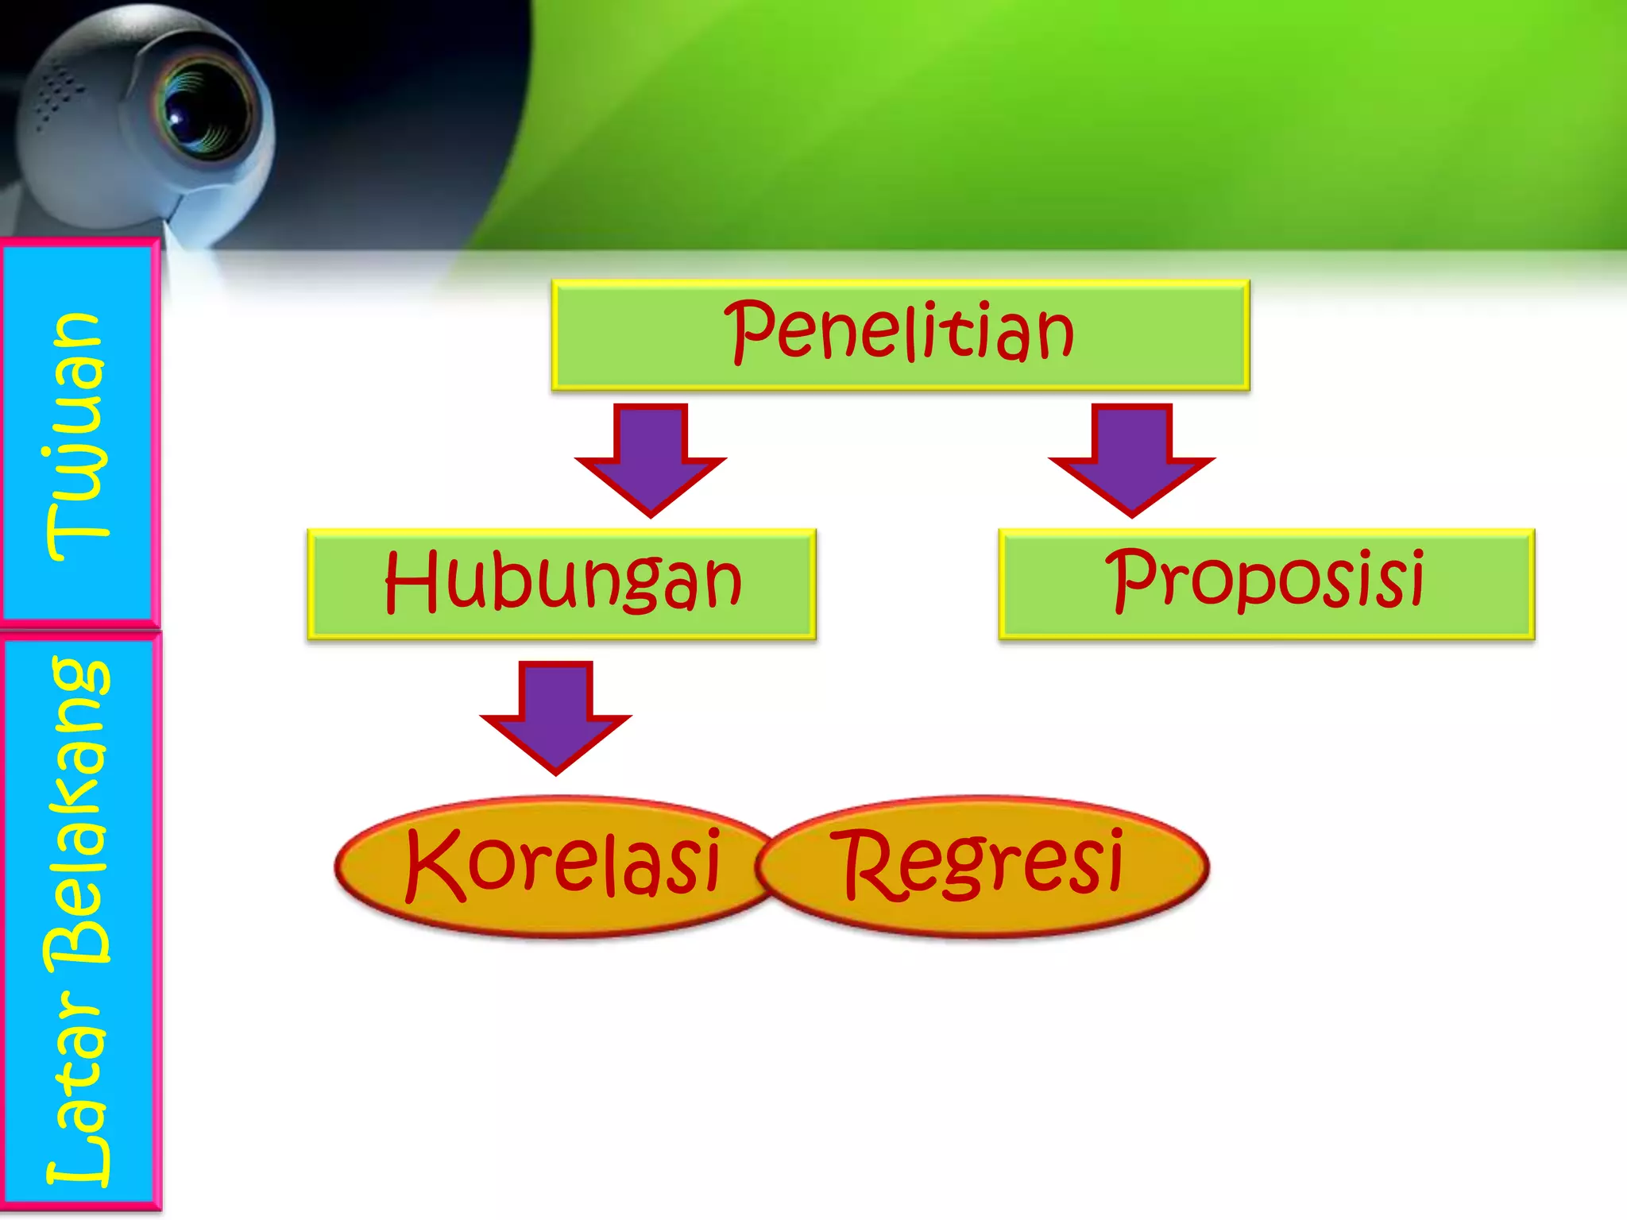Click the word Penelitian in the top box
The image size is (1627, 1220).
[x=899, y=332]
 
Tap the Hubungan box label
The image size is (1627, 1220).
[x=562, y=581]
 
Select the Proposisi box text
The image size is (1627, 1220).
[x=1266, y=580]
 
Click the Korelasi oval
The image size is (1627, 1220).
[x=556, y=866]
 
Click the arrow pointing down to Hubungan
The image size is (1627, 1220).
[x=651, y=458]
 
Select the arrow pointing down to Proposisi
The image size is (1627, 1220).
[x=1131, y=458]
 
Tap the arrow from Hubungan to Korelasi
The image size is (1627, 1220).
[x=555, y=716]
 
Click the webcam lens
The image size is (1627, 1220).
[x=199, y=111]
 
